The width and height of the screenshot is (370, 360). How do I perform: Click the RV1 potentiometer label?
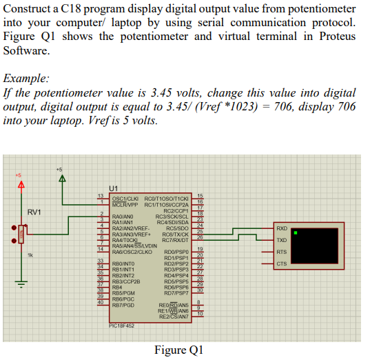pos(34,211)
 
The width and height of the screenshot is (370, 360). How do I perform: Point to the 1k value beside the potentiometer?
pos(30,256)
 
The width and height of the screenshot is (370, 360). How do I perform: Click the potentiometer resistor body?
pos(21,234)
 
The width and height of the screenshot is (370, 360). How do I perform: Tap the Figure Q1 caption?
pos(179,349)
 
